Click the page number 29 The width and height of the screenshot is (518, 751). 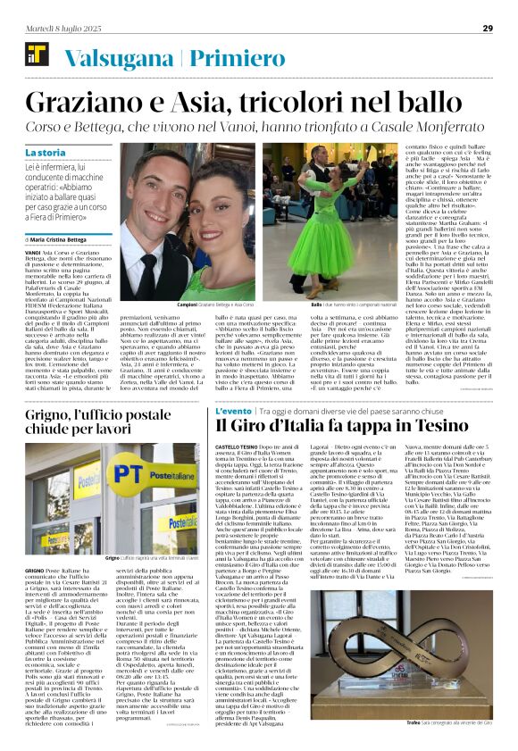(x=488, y=28)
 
